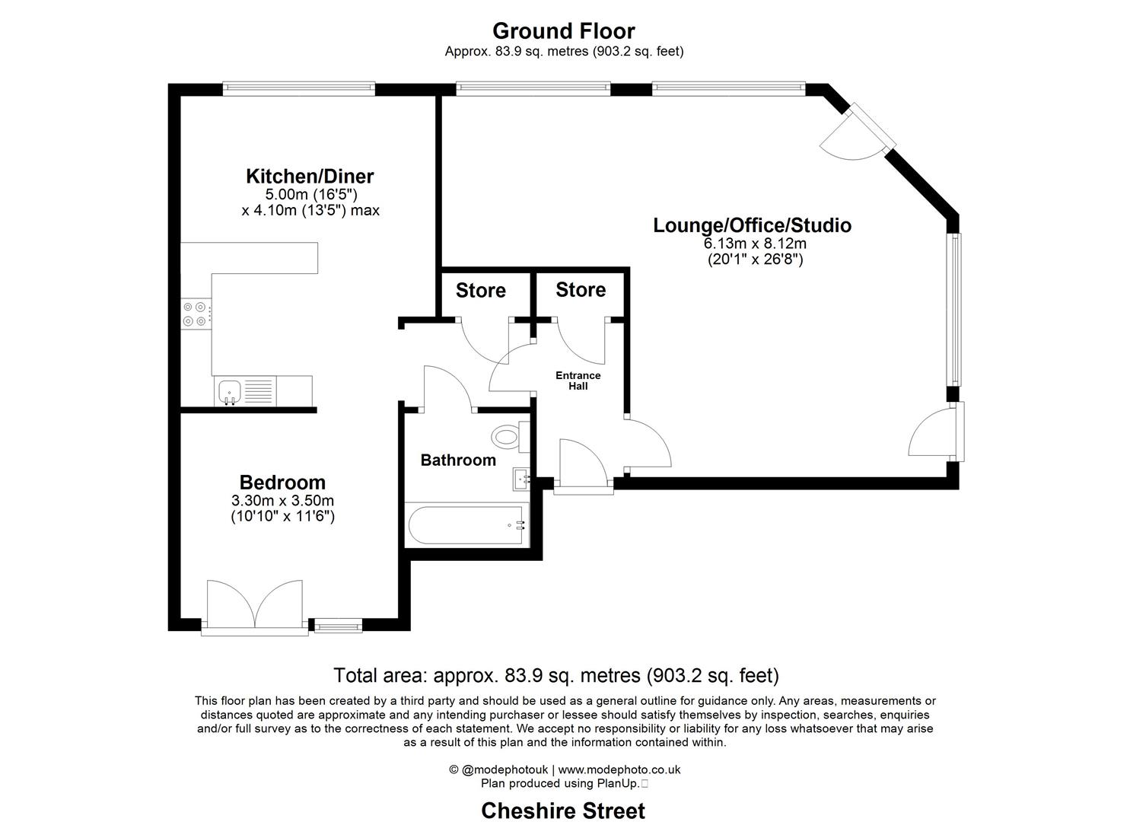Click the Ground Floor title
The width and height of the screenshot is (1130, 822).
[x=564, y=31]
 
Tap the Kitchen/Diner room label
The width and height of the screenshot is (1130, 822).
[x=310, y=176]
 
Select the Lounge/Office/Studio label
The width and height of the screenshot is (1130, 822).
[x=752, y=225]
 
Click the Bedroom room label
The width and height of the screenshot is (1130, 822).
[x=282, y=483]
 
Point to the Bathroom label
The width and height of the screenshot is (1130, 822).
[x=458, y=460]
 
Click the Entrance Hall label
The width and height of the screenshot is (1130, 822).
[x=578, y=381]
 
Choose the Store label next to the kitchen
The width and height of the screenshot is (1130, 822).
[x=481, y=290]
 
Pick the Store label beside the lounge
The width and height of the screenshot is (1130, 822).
[x=581, y=290]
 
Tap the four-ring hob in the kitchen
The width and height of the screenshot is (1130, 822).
[x=196, y=314]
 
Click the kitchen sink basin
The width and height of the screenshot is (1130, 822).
[x=230, y=390]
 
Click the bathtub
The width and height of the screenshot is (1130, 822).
[x=466, y=525]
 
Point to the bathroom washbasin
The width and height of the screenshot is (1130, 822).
[x=521, y=479]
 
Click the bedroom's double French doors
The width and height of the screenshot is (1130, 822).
[x=255, y=607]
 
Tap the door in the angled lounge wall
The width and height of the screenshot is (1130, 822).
[x=858, y=132]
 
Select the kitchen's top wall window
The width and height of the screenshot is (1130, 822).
[x=299, y=89]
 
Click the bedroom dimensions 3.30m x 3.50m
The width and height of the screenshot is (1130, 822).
[x=282, y=501]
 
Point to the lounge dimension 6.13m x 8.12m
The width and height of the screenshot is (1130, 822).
[x=755, y=244]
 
